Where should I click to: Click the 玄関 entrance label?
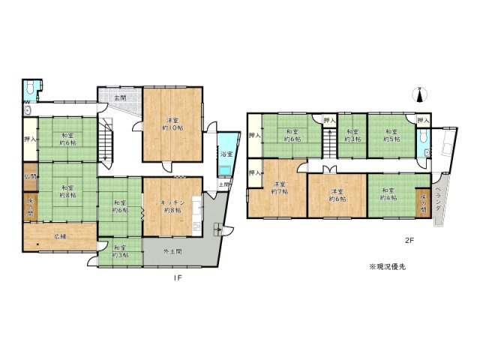coord(119,98)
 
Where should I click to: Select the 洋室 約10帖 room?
coord(172,124)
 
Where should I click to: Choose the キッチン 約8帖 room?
coord(172,206)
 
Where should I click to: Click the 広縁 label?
coord(59,236)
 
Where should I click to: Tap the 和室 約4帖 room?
coord(388,194)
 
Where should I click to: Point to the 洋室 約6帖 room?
coord(337,194)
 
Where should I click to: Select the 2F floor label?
coord(409,241)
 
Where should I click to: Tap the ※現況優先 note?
coord(388,266)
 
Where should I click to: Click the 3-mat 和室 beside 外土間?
coord(118,252)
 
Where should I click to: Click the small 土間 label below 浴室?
coord(223,184)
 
